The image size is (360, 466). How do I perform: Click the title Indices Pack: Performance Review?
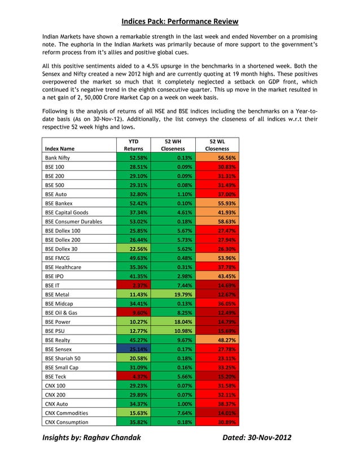click(179, 21)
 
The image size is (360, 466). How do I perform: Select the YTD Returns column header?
click(134, 144)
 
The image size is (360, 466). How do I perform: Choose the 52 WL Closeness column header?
click(217, 144)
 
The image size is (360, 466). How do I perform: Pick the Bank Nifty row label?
click(58, 158)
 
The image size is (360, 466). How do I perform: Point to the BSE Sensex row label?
click(59, 350)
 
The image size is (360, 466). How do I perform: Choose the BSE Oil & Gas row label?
click(62, 313)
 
